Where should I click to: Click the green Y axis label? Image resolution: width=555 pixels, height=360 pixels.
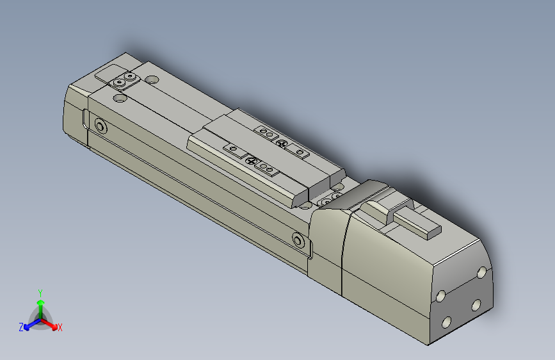point(40,291)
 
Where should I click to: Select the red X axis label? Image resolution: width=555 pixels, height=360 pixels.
point(60,328)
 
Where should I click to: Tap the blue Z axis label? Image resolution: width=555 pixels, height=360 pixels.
point(21,327)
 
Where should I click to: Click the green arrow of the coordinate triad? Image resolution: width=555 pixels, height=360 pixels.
point(40,304)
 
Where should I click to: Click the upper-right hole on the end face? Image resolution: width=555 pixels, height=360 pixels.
point(481,274)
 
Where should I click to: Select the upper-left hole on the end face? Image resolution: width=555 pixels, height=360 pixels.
point(441,296)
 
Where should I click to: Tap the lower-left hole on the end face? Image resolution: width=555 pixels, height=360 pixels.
point(447,323)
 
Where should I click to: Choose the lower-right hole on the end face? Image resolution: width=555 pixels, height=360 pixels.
point(476,305)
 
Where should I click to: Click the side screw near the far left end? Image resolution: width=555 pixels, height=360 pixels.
point(100,126)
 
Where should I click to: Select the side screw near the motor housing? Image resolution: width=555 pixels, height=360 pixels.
point(298,241)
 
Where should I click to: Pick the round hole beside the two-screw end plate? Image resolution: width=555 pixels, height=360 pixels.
point(152,80)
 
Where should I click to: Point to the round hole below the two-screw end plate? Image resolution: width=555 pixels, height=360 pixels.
point(119,99)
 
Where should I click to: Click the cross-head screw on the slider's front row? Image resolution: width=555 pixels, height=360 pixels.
point(252,160)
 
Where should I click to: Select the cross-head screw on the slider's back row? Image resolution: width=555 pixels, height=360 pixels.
point(281,142)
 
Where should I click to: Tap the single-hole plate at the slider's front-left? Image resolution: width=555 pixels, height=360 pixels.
point(234,150)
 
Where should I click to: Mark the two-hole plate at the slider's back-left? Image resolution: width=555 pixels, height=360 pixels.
point(266,132)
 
